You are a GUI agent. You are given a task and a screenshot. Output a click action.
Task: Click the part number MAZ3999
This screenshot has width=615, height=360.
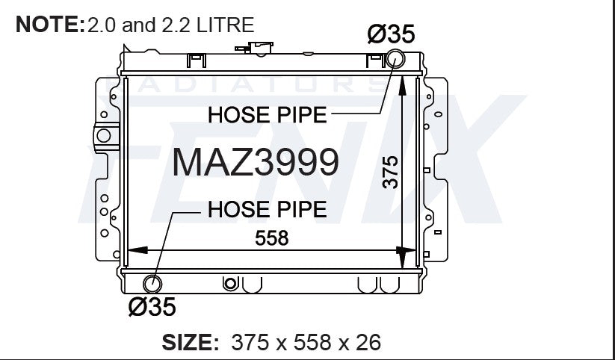coord(256,162)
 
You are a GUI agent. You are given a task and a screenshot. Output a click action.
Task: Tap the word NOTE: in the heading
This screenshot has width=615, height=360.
coord(50,25)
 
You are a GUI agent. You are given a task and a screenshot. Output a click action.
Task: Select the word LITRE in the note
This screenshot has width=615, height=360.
coord(226,25)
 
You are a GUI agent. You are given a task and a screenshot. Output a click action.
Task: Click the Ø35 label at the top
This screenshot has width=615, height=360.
coord(391,34)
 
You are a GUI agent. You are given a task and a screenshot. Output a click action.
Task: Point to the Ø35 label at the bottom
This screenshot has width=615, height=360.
coord(152,307)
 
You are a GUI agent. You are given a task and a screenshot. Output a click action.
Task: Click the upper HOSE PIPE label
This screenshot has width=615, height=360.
coord(267,115)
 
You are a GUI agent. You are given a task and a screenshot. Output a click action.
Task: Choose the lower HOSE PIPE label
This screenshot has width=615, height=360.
coord(267,209)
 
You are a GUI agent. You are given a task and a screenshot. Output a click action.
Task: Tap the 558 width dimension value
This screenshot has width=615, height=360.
coord(272,238)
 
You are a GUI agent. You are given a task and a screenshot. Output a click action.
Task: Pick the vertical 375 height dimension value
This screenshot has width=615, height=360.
coord(390,172)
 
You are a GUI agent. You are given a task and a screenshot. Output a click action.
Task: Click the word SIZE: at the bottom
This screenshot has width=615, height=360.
coord(191,342)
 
